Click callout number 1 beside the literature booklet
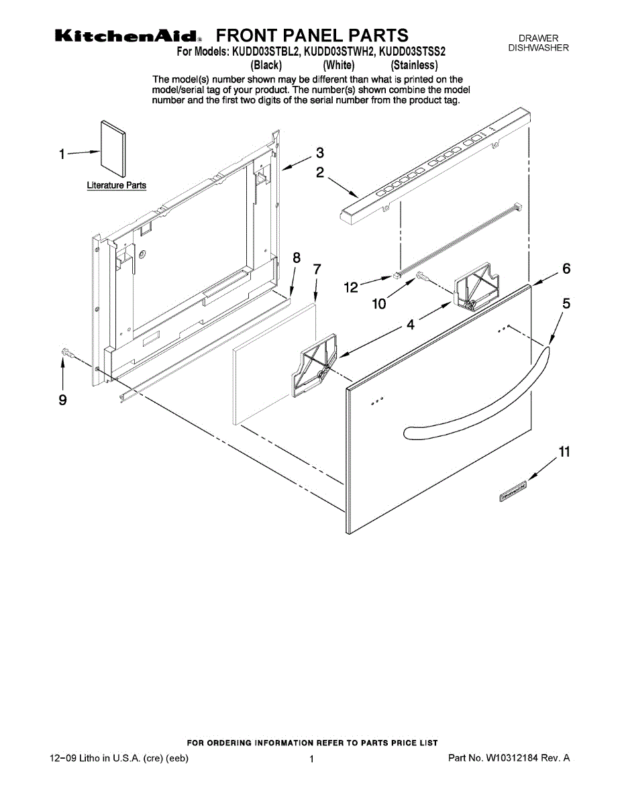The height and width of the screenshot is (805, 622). (x=62, y=154)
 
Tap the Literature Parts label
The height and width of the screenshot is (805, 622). (x=117, y=186)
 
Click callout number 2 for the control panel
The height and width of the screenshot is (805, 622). (x=321, y=173)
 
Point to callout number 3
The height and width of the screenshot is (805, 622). (x=320, y=152)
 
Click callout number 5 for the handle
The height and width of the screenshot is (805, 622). (x=567, y=304)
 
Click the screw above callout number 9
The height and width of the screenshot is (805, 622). (x=66, y=352)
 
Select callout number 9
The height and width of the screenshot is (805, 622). (x=62, y=400)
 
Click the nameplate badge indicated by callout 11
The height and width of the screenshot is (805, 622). (x=512, y=491)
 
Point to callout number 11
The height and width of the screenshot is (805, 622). (x=564, y=451)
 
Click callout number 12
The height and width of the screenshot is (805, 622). (x=351, y=288)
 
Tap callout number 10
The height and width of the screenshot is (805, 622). (x=379, y=304)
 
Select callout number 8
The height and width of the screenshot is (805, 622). (x=297, y=257)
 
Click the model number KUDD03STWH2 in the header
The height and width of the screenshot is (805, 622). (x=339, y=51)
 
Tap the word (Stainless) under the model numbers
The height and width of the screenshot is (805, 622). (x=415, y=65)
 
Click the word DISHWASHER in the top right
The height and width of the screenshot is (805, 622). (x=538, y=48)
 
